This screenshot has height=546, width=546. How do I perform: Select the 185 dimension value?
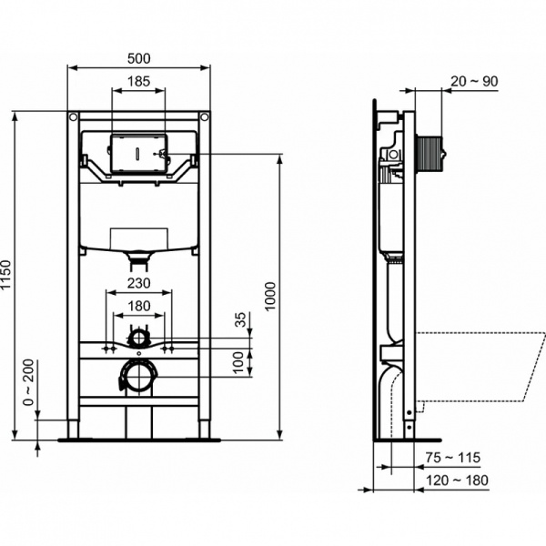point(138,81)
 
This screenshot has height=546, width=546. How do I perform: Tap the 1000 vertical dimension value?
point(270,295)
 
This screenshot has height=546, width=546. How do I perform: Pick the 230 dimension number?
point(138,284)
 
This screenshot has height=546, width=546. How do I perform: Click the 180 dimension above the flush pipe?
point(138,306)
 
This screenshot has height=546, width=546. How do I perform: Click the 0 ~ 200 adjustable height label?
point(29,382)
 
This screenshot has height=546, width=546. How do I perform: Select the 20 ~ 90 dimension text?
point(473,81)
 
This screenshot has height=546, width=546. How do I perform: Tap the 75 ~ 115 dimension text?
point(452,457)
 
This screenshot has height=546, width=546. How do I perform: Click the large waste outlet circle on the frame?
point(137,376)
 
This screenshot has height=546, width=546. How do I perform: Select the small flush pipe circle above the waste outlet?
point(137,339)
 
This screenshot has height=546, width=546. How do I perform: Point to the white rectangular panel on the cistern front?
point(137,239)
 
